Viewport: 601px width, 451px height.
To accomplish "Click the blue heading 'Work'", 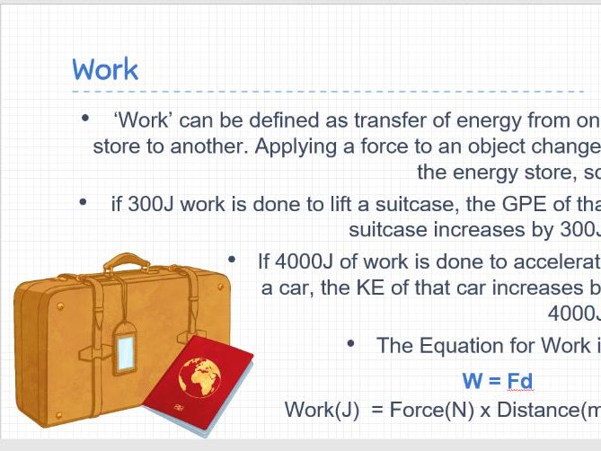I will point(105,69).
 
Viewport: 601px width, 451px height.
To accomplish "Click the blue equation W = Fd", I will point(498,381).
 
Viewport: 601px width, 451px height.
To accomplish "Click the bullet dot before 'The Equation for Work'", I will point(351,344).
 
